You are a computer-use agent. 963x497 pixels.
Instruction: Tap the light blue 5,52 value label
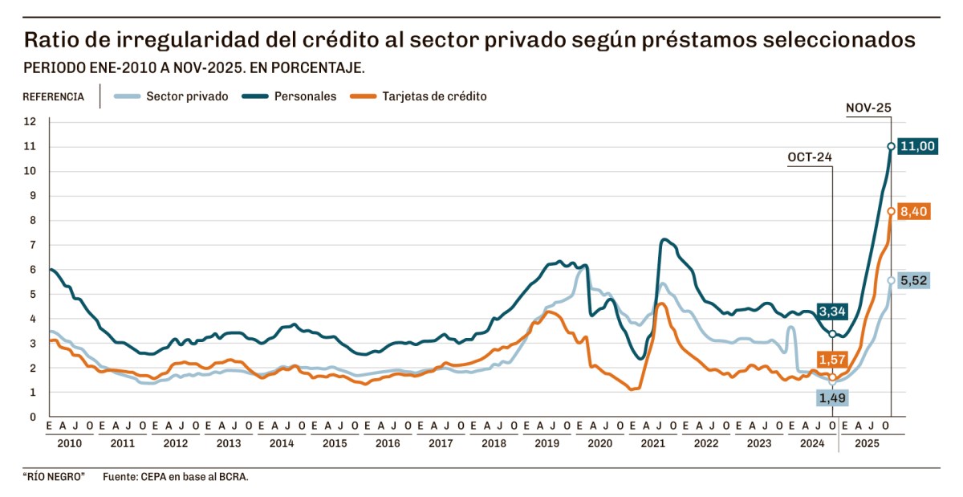point(914,281)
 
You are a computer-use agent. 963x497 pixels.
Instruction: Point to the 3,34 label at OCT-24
point(832,311)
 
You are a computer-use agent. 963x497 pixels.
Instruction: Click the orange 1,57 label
point(832,358)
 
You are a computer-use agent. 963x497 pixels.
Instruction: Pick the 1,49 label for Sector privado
point(832,397)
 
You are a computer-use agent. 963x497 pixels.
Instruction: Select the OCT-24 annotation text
point(811,157)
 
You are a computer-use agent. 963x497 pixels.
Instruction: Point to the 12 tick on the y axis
point(30,122)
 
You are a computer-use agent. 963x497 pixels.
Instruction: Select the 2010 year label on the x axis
point(70,443)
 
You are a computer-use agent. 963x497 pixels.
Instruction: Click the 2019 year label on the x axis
point(547,443)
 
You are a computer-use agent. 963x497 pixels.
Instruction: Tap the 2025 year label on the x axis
point(865,443)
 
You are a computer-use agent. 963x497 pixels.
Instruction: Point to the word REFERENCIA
point(53,97)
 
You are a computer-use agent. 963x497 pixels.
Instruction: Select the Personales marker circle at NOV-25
point(891,146)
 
